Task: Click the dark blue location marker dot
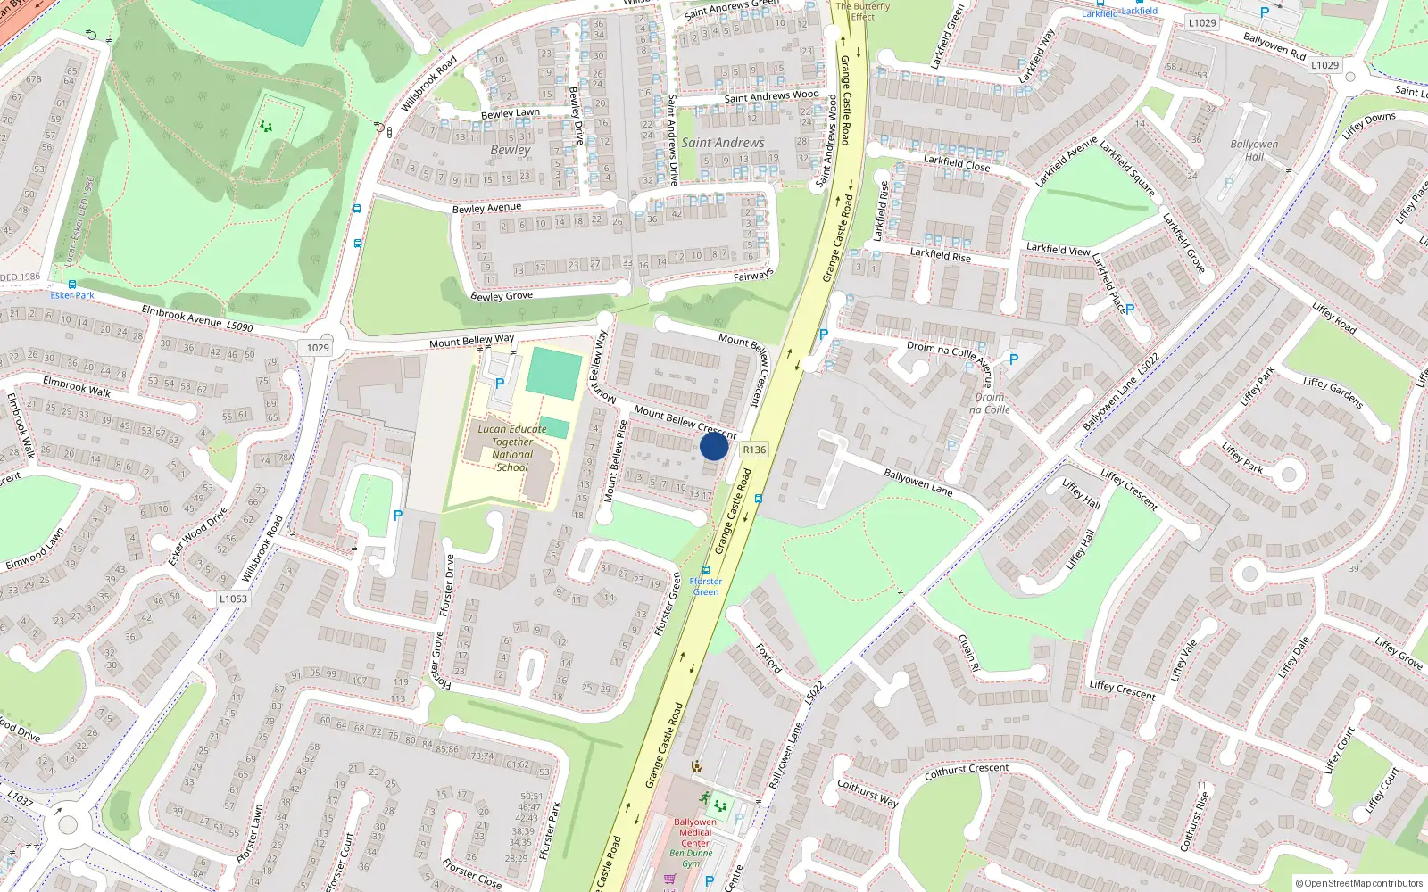(x=714, y=446)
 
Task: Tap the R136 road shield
(x=754, y=450)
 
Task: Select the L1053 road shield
(x=233, y=599)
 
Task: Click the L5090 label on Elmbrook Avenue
(x=239, y=327)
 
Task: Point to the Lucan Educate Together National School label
(x=512, y=448)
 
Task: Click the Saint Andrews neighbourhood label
(x=723, y=143)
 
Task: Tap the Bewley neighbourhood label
(x=510, y=150)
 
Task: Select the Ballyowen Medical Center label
(x=695, y=832)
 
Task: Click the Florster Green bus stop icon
(x=706, y=570)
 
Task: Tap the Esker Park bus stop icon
(x=72, y=285)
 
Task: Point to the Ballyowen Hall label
(x=1254, y=150)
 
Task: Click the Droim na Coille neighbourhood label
(x=990, y=403)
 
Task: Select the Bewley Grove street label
(x=502, y=296)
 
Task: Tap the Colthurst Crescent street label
(x=967, y=771)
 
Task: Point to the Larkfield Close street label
(x=957, y=163)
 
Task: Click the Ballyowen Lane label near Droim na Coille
(x=918, y=483)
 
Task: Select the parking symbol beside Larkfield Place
(x=1130, y=310)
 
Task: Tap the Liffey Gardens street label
(x=1333, y=392)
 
